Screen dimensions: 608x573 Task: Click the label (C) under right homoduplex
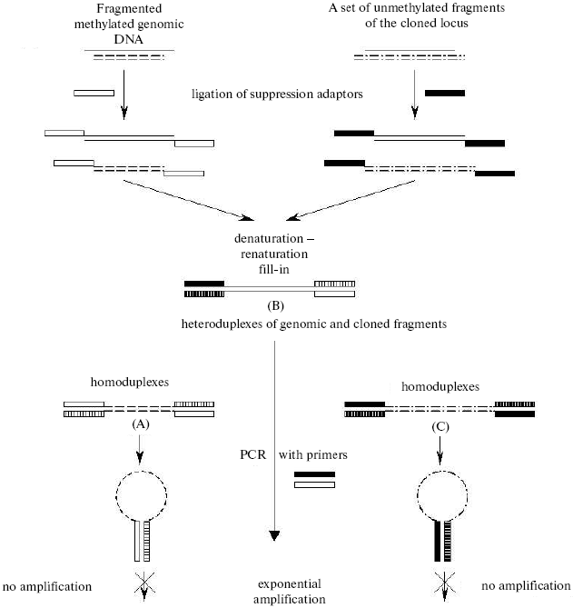pyautogui.click(x=440, y=424)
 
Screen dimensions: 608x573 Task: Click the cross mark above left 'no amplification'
pyautogui.click(x=140, y=585)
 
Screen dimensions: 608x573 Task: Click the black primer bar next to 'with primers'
pyautogui.click(x=314, y=474)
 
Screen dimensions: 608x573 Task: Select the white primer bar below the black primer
pyautogui.click(x=314, y=485)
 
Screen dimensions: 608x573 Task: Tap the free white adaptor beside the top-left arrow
pyautogui.click(x=94, y=93)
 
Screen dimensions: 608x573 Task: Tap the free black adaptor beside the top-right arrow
pyautogui.click(x=444, y=93)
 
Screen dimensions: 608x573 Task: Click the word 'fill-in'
pyautogui.click(x=270, y=270)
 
